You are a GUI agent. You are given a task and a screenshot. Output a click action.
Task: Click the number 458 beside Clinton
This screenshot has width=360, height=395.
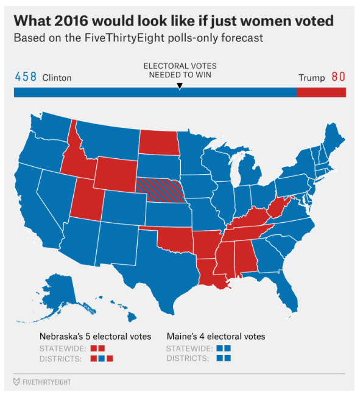coord(25,77)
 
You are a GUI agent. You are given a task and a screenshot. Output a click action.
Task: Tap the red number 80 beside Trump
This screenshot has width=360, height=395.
coord(338,77)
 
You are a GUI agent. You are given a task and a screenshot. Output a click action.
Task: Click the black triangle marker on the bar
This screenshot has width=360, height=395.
coord(179,86)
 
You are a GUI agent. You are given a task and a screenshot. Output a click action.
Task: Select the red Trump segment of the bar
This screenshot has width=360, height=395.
coord(321,93)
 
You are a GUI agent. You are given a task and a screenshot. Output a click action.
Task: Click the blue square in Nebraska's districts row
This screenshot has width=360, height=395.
coord(102,359)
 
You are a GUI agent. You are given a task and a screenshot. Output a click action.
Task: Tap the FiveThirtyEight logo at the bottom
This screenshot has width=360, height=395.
coord(43,382)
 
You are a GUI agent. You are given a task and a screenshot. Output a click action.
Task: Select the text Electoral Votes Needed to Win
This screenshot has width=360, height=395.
coord(179,70)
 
